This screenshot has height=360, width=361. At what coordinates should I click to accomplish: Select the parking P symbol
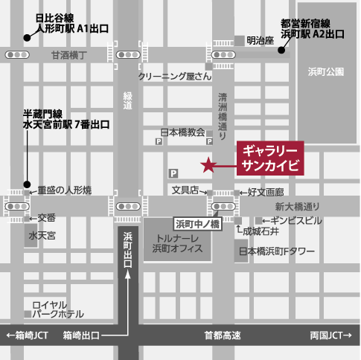(x=174, y=172)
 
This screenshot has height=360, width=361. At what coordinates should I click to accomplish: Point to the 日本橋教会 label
(x=183, y=132)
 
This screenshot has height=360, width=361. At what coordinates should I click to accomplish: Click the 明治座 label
(x=261, y=40)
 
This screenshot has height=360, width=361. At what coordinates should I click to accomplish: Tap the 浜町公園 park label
(x=326, y=71)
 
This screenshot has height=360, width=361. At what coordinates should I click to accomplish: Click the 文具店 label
(x=185, y=190)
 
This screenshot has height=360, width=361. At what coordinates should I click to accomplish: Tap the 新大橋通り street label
(x=296, y=206)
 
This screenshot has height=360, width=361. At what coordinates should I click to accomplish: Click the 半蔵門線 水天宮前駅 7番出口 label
(x=65, y=118)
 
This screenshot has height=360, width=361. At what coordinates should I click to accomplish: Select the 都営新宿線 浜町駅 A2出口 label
(x=312, y=28)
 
